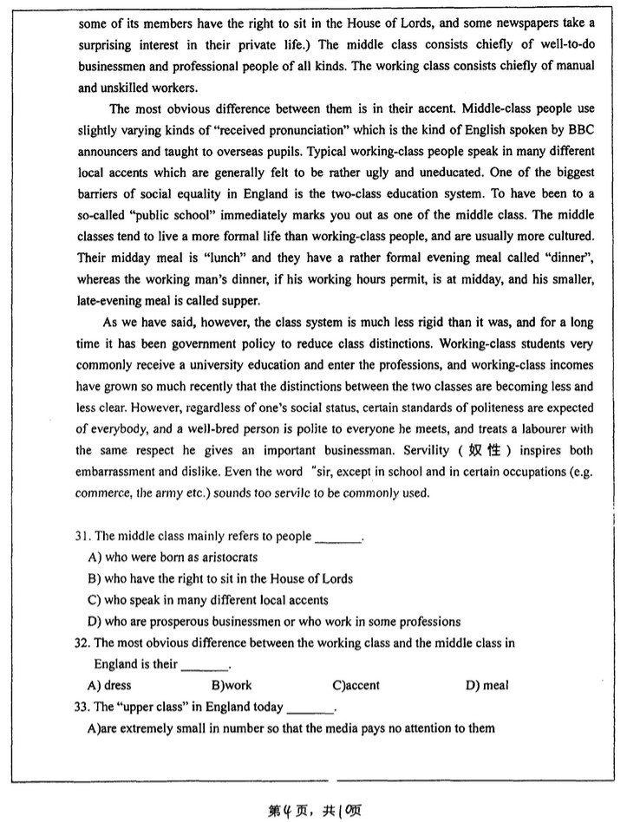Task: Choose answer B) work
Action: click(x=225, y=685)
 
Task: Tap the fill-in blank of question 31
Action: click(x=337, y=538)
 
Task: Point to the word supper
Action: click(x=238, y=300)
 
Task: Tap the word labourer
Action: click(x=532, y=429)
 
